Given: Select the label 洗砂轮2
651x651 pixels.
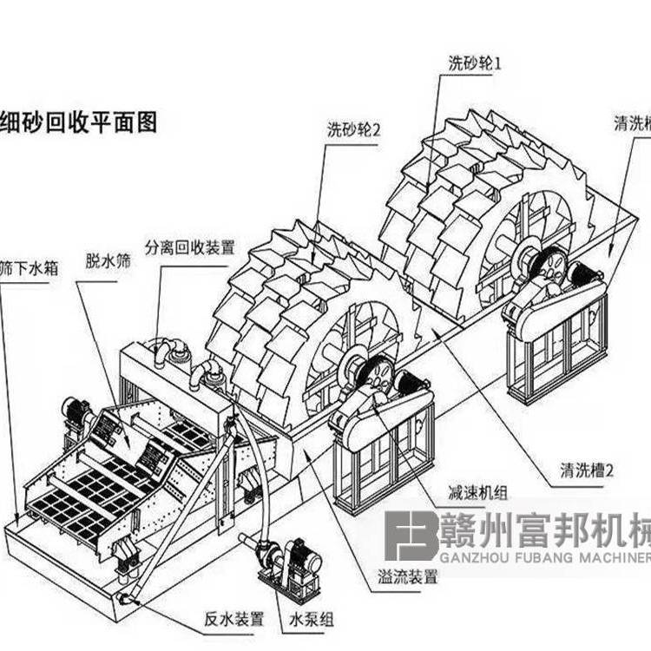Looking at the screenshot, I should click(x=354, y=131).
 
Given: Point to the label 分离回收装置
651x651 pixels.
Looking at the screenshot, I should click(x=190, y=247).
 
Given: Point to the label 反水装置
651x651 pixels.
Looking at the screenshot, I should click(x=234, y=618).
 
